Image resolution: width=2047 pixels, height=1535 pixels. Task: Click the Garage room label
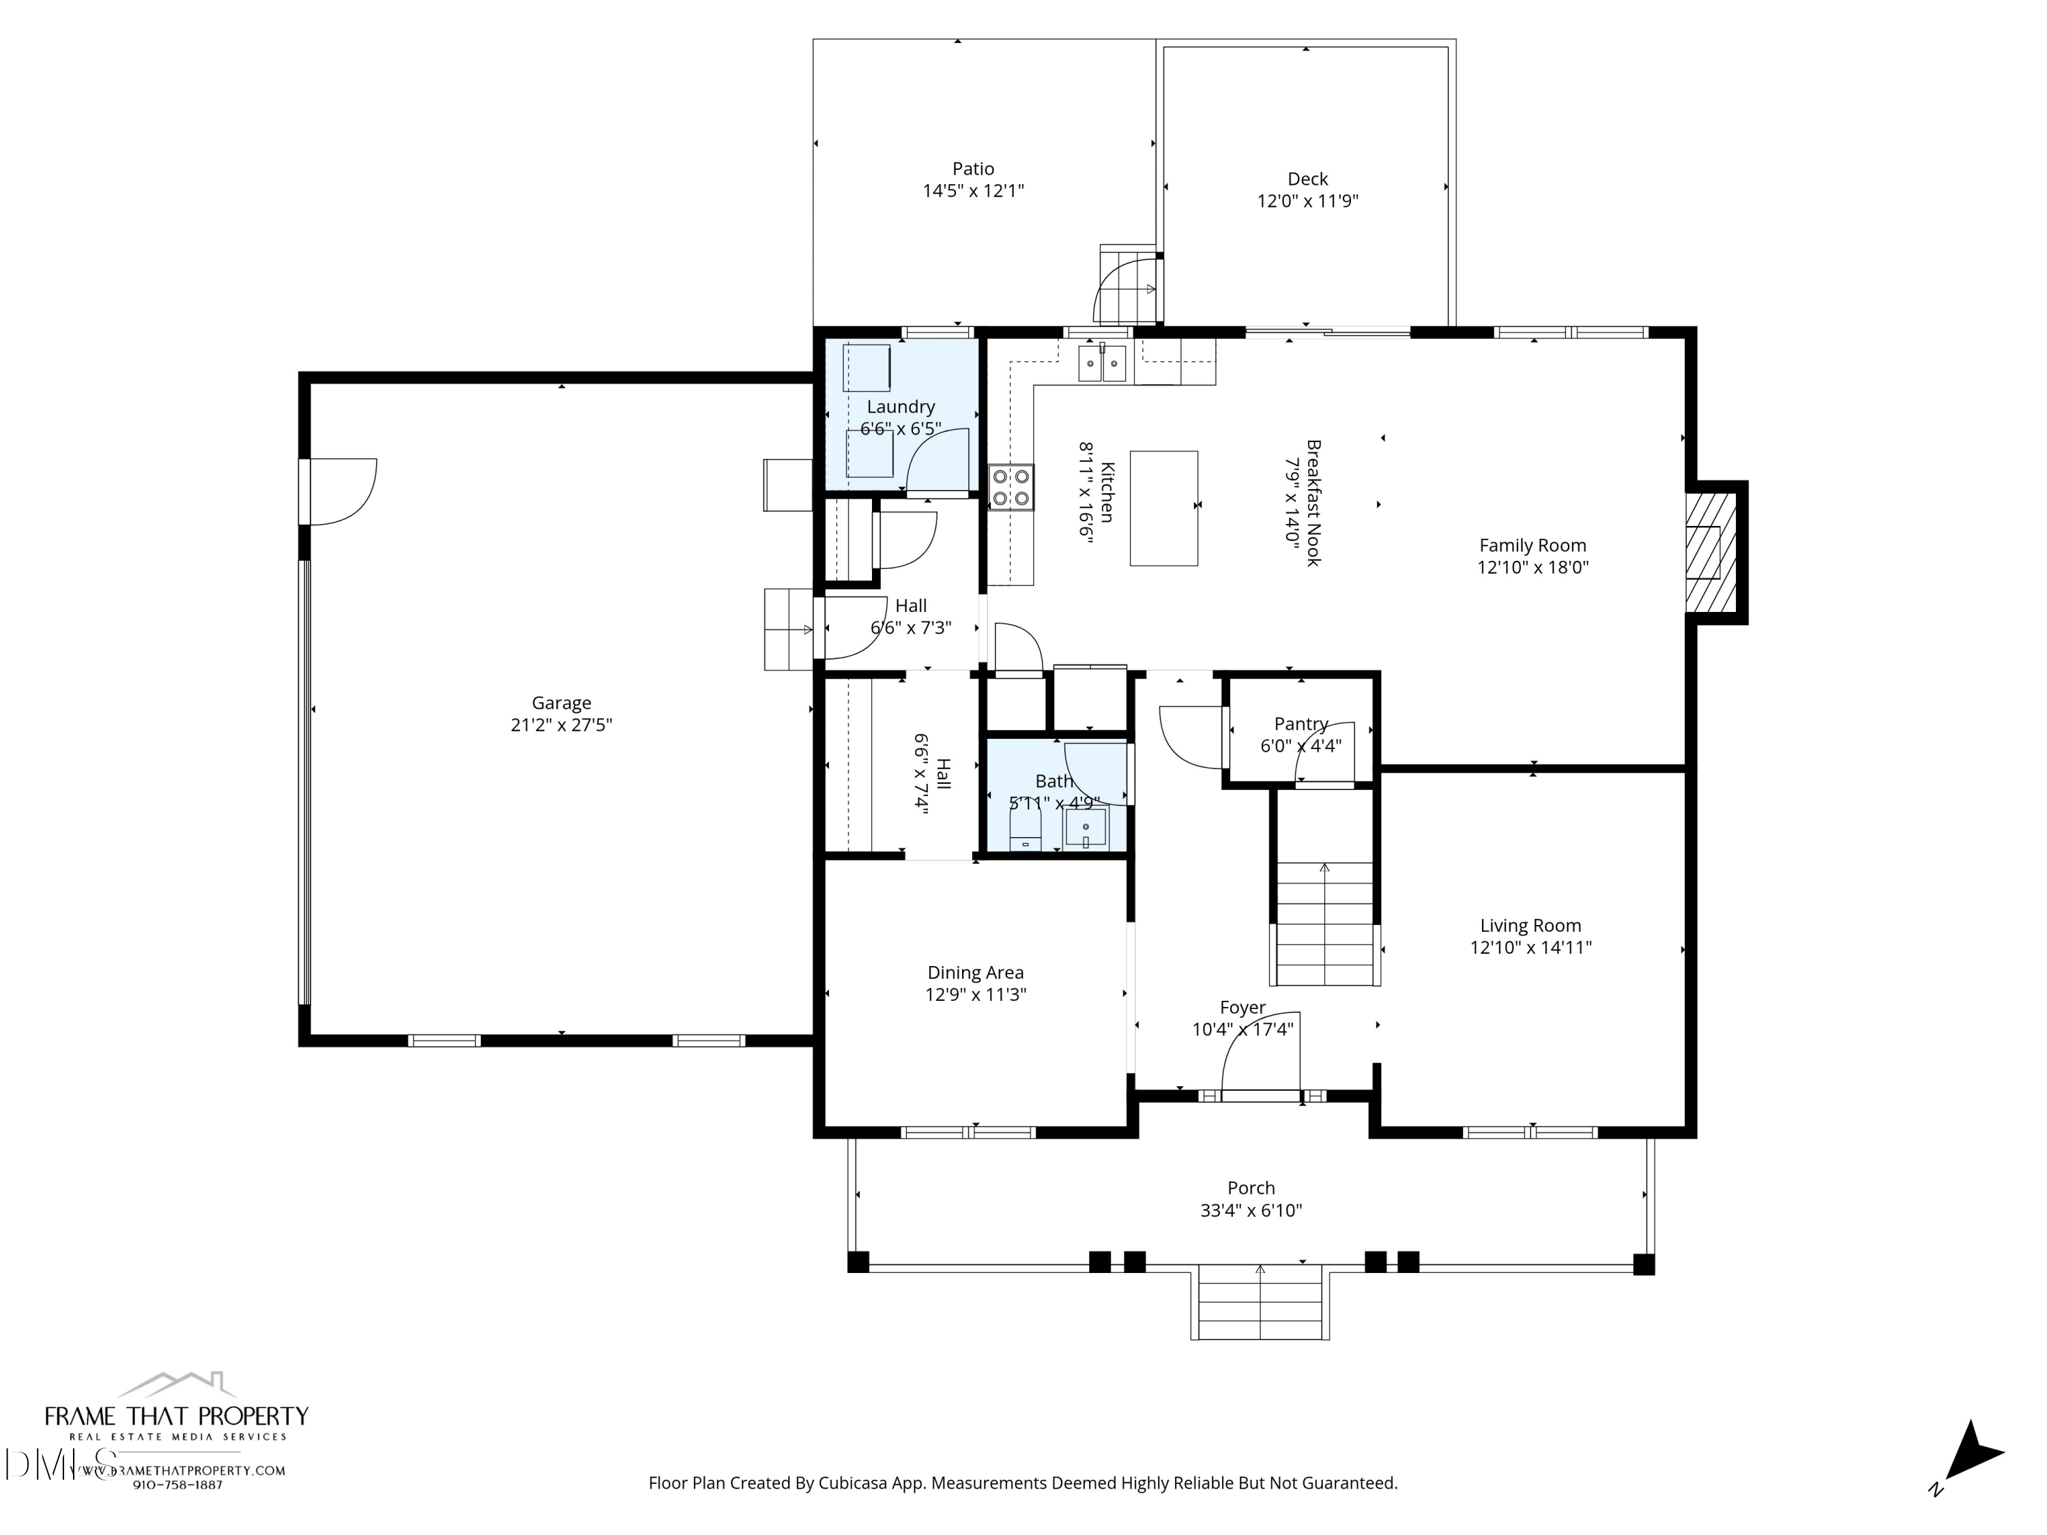click(x=561, y=703)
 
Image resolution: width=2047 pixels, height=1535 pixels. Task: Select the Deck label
click(x=1307, y=179)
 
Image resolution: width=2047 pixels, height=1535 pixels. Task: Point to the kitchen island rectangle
click(x=1163, y=508)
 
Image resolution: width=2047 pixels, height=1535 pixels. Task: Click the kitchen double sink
click(x=1101, y=364)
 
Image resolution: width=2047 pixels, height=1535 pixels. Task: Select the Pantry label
click(x=1301, y=724)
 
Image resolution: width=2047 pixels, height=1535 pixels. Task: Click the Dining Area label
click(x=975, y=972)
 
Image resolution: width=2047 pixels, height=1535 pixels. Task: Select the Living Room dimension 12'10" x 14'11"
click(x=1530, y=948)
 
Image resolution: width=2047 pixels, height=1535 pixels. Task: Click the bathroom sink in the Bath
click(x=1086, y=826)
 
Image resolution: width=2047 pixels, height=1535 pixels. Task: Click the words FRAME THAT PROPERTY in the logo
click(x=177, y=1416)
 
